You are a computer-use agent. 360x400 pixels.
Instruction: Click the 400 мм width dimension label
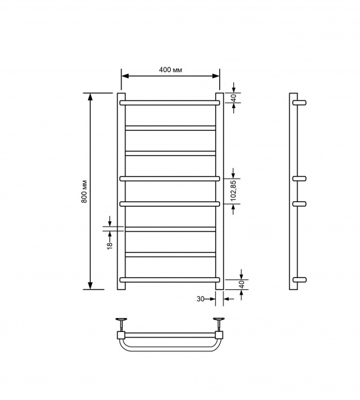point(171,69)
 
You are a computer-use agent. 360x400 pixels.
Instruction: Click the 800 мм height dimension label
point(84,191)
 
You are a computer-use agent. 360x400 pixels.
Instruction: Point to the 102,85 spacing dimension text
point(234,191)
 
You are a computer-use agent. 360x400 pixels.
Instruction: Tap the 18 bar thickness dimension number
point(110,245)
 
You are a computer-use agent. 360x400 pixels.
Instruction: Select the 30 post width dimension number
point(201,299)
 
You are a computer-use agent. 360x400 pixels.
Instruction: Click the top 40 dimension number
point(234,97)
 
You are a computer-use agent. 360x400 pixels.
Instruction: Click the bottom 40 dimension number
point(243,284)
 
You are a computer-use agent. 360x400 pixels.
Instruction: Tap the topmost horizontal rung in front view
point(170,103)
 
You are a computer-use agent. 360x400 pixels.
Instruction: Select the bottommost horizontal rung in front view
point(170,280)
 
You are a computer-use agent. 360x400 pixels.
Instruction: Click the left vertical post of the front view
point(121,191)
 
